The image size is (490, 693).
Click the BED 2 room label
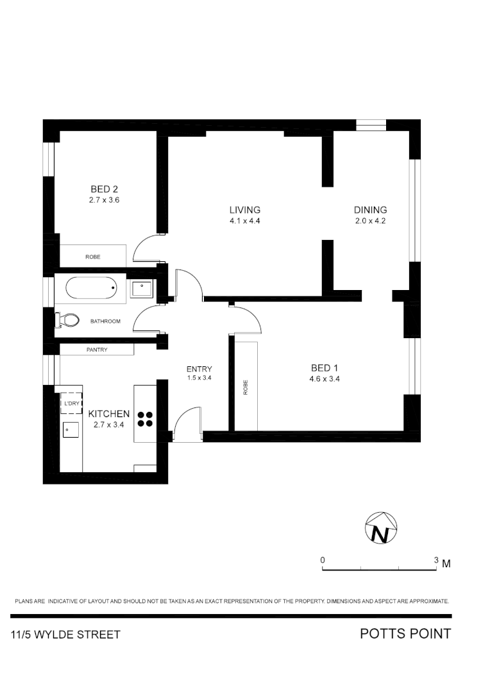click(x=105, y=189)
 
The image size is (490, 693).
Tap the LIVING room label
click(x=245, y=210)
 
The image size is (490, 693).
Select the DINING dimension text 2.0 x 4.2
click(x=370, y=221)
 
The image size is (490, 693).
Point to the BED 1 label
click(x=324, y=368)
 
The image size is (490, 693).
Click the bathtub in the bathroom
click(x=92, y=288)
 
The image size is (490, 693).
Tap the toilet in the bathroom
click(x=67, y=319)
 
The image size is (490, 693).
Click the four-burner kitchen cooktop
click(x=145, y=418)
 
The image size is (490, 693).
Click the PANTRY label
click(x=97, y=350)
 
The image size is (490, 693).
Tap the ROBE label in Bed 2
click(x=93, y=257)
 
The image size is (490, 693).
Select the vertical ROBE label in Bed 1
click(x=246, y=387)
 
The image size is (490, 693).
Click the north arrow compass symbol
click(x=381, y=529)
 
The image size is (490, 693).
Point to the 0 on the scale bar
click(x=323, y=560)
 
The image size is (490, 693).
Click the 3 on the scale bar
click(x=436, y=560)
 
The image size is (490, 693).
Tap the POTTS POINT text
click(x=405, y=634)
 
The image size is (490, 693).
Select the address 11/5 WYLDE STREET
click(x=65, y=635)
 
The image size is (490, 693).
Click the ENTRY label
click(x=199, y=369)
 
